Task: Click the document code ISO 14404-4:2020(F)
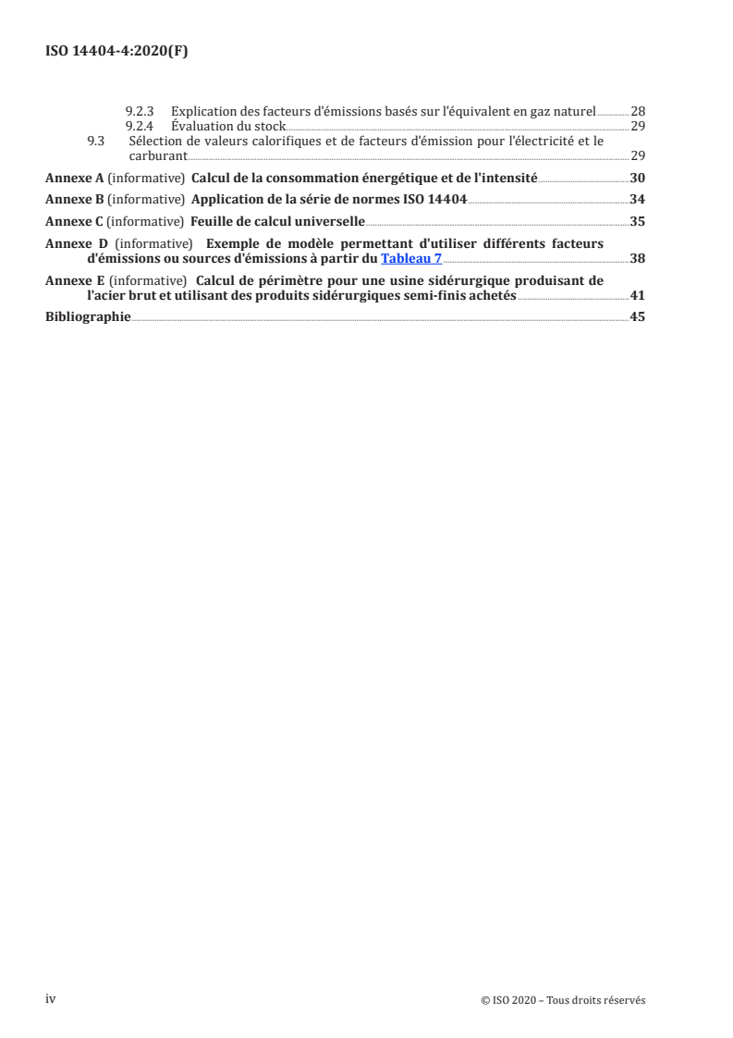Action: click(x=116, y=53)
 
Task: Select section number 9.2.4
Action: click(x=139, y=125)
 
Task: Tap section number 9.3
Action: click(x=95, y=141)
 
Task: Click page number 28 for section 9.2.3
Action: click(x=638, y=111)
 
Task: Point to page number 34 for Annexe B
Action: click(x=638, y=199)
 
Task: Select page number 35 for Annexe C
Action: click(x=638, y=222)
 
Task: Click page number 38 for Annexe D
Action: click(x=638, y=258)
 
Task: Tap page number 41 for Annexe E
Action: click(x=638, y=295)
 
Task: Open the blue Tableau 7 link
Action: click(x=411, y=258)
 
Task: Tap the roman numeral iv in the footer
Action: click(x=52, y=999)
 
